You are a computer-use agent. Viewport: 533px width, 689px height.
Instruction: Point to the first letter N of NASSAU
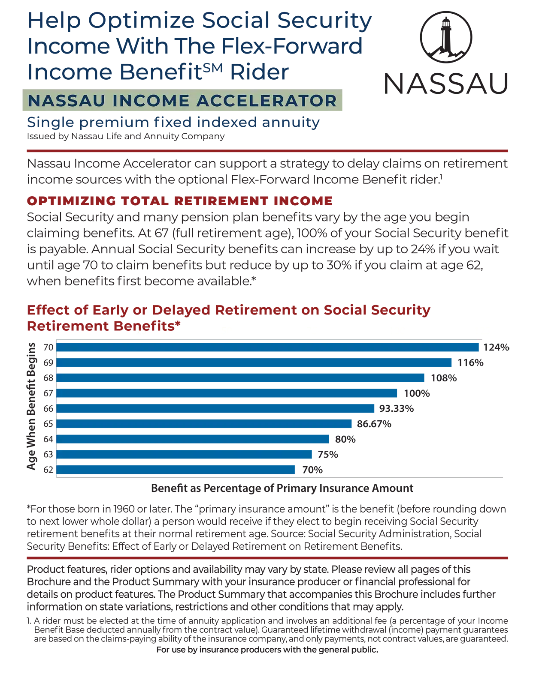[33, 101]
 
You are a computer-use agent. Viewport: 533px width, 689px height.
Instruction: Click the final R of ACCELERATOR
[331, 101]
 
